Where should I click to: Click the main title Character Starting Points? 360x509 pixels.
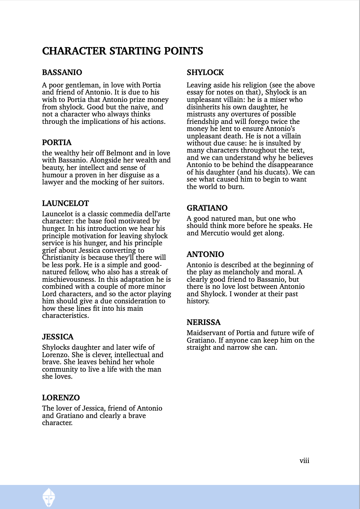122,51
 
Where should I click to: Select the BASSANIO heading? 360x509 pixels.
62,73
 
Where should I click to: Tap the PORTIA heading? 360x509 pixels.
57,143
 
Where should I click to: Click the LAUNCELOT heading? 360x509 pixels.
65,204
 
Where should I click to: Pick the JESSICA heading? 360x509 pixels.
58,337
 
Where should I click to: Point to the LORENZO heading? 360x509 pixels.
61,398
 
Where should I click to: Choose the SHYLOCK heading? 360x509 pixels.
205,73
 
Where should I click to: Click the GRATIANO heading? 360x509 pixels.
207,208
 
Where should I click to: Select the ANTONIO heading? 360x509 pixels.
205,254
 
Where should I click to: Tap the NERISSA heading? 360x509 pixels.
203,322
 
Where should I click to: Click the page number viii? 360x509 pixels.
304,461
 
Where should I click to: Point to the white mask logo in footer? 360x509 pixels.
49,497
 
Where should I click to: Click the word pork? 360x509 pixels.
72,265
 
